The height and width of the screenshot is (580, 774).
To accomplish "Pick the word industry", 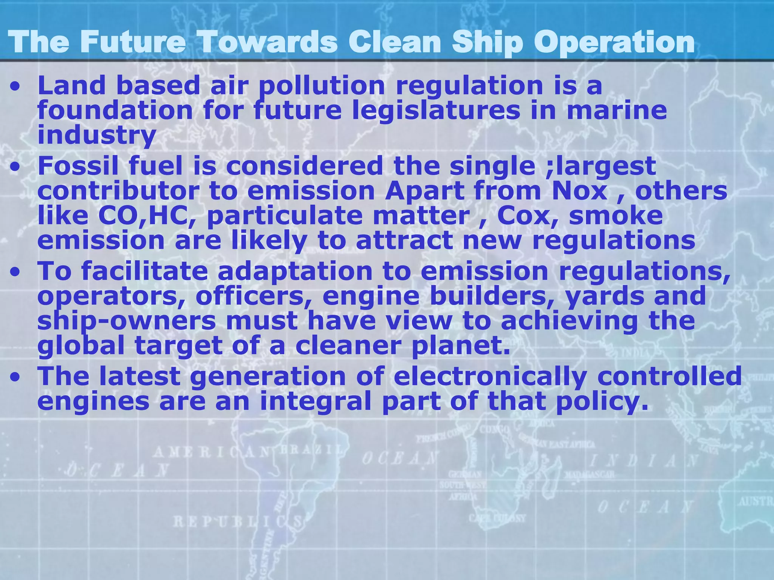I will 97,135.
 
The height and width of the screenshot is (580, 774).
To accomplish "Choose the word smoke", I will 616,216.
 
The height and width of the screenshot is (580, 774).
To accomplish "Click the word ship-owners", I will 127,321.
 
